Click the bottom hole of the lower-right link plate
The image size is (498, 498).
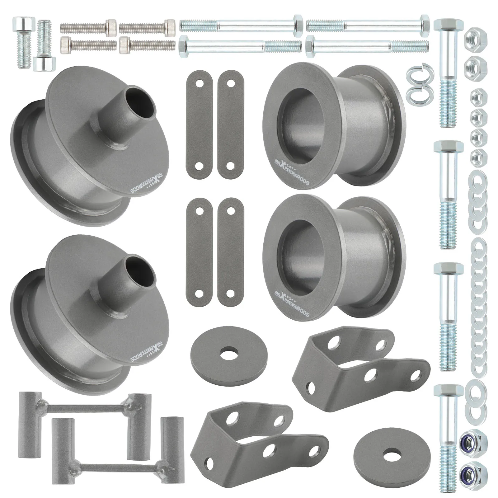[231, 294]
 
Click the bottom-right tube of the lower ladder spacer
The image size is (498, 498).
[169, 445]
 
